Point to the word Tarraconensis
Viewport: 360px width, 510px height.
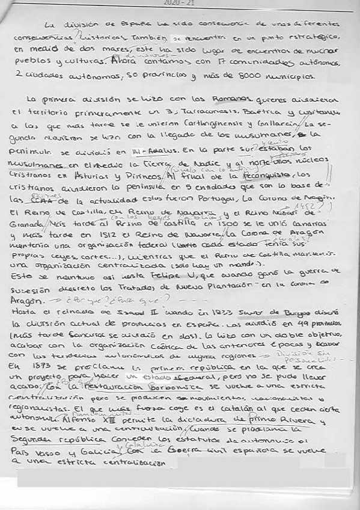(x=215, y=112)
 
